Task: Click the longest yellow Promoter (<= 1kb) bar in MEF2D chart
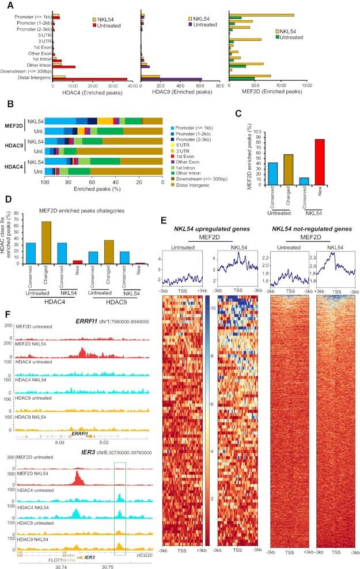(x=262, y=15)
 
